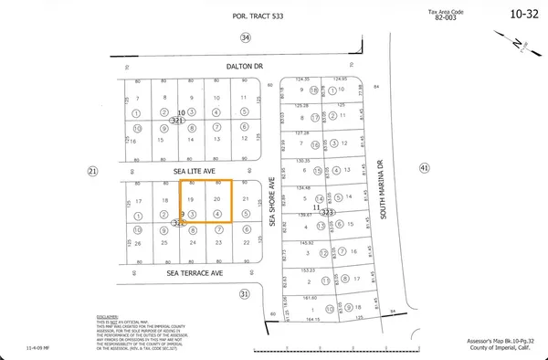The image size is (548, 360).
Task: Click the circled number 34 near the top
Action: (244, 37)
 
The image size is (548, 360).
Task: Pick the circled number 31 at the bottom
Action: (244, 293)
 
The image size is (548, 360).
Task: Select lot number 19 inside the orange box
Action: (191, 199)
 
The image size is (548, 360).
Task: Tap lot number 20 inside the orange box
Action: (216, 199)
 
